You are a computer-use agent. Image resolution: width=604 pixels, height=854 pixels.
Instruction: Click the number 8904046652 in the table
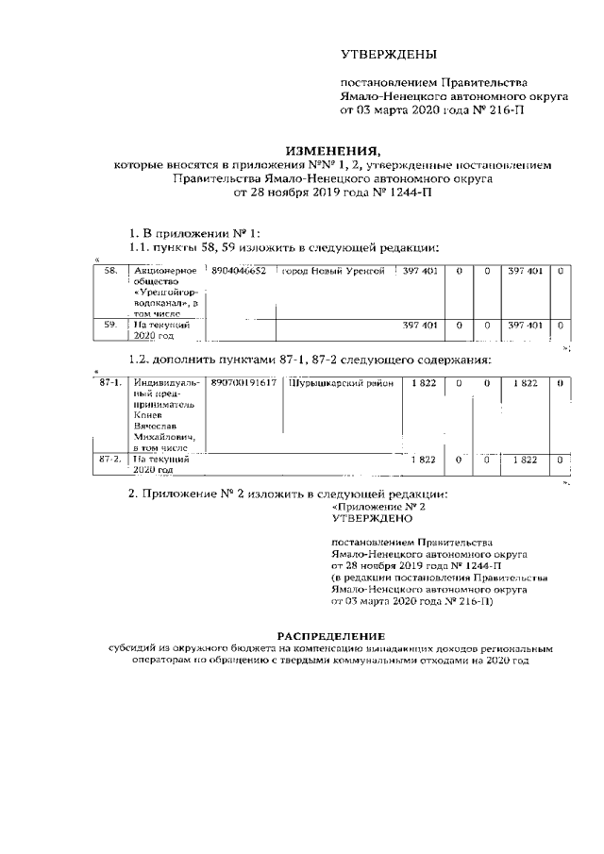coord(240,272)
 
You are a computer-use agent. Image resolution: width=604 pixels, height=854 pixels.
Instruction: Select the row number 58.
coord(111,272)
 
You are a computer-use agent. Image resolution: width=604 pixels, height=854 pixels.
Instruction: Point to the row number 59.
coord(111,326)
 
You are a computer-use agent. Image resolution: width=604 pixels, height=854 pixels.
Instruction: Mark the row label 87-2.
coord(110,459)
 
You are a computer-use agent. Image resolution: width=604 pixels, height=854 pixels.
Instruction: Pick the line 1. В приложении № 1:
coord(194,232)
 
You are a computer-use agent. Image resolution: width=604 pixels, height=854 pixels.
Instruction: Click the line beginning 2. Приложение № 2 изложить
coord(287,494)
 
